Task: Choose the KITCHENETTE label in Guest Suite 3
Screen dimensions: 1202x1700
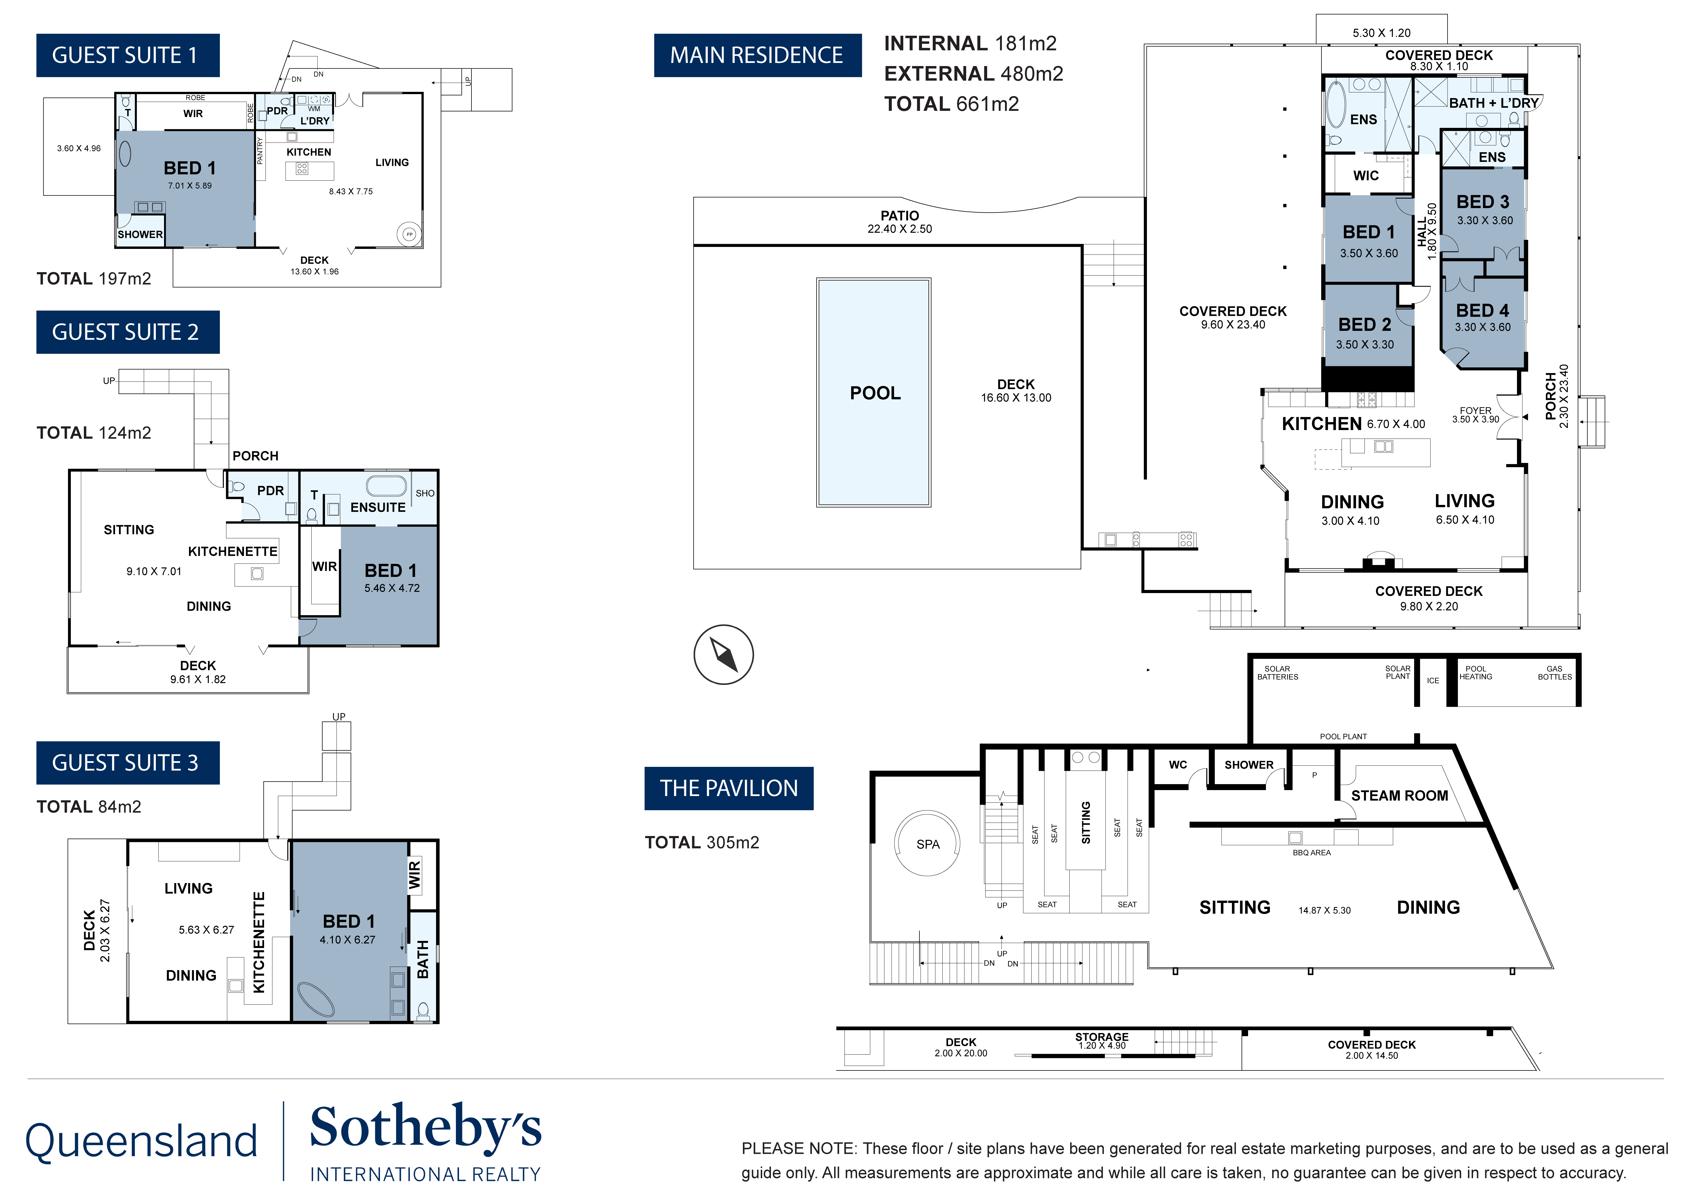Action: [258, 942]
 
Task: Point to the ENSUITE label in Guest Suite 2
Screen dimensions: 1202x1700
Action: [378, 507]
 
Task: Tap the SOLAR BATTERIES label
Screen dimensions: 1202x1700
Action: [1277, 672]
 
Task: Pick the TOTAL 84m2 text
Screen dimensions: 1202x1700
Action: [89, 807]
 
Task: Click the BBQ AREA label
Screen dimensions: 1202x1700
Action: [1311, 852]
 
